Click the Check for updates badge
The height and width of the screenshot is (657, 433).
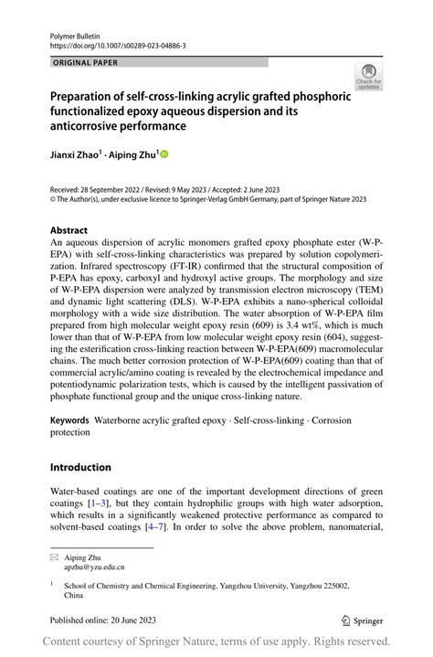tap(368, 77)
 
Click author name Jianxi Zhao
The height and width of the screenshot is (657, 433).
tap(74, 154)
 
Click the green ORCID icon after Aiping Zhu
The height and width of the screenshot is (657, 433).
tap(165, 155)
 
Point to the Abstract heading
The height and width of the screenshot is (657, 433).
tap(69, 230)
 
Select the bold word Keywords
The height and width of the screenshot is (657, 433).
tap(70, 421)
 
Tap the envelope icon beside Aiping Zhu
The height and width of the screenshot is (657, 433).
tap(54, 556)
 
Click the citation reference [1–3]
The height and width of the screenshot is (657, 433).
tap(101, 503)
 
